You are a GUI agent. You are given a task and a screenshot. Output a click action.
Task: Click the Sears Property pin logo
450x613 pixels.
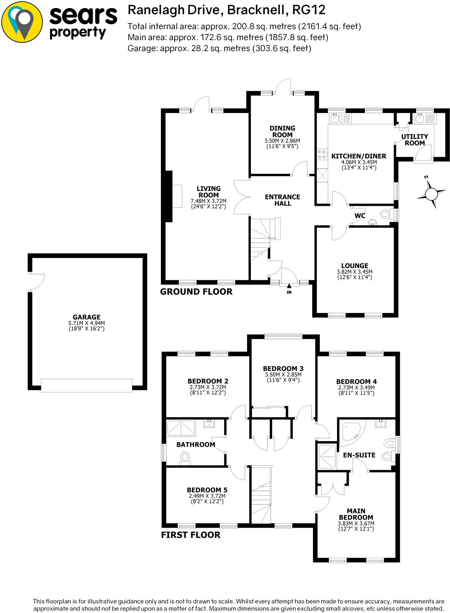tap(22, 22)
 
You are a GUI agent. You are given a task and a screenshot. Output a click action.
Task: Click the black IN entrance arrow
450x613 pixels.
tap(289, 286)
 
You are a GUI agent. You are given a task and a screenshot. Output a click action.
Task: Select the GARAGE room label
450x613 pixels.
tap(86, 317)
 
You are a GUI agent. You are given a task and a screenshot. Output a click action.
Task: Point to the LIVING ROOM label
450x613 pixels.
tap(209, 192)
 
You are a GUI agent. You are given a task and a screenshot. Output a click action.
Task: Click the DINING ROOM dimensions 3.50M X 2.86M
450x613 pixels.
tap(282, 141)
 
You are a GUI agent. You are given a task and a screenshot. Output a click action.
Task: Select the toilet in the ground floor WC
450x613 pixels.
tap(387, 214)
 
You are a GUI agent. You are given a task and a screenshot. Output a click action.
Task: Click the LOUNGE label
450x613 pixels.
tap(355, 266)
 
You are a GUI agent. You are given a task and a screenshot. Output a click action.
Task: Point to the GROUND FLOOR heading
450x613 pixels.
tap(196, 292)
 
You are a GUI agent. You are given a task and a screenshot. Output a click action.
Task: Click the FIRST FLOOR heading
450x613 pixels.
tap(191, 535)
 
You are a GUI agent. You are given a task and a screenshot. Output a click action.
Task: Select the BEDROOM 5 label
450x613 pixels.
tap(207, 490)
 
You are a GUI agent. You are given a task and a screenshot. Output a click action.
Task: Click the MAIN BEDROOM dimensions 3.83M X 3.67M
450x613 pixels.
tap(356, 524)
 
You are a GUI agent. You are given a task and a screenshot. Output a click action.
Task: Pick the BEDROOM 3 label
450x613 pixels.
tap(283, 368)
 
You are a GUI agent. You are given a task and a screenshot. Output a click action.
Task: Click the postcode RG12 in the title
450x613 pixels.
tap(309, 10)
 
